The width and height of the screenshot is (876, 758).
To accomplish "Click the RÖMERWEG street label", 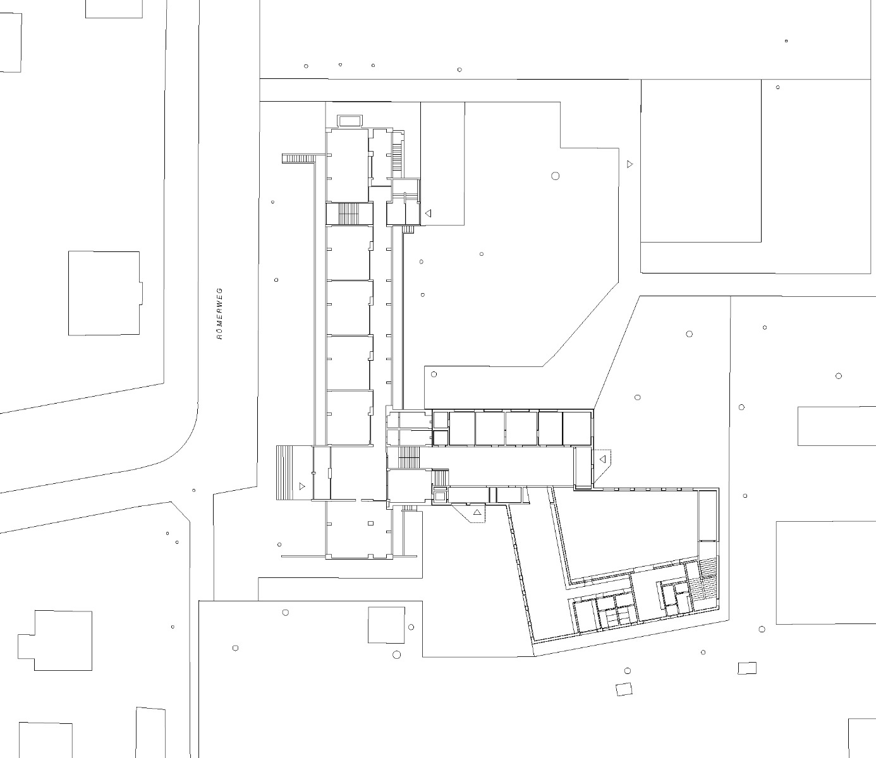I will point(220,314).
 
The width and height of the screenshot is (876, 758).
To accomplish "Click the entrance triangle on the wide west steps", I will point(302,486).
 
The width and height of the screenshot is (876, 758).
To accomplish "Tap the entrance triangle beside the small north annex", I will point(428,214).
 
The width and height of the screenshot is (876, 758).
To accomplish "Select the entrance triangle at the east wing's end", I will point(602,459).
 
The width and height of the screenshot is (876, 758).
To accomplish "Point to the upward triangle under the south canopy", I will point(477,512).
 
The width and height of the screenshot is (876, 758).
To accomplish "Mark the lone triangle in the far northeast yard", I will point(630,164).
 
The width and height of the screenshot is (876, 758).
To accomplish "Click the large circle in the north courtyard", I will point(556,176).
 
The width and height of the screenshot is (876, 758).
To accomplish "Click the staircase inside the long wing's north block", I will point(348,213).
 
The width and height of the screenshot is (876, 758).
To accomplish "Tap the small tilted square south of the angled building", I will point(624,689).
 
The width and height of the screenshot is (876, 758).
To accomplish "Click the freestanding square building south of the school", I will point(386,625).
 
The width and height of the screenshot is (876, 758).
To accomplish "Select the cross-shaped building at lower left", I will point(56,641).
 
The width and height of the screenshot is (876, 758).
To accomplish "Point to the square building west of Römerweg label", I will point(104,293).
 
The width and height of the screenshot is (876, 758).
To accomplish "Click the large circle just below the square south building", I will point(397,654).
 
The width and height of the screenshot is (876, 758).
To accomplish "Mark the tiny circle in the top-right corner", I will point(786,41).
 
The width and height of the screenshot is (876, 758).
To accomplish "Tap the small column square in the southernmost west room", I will point(371,523).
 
